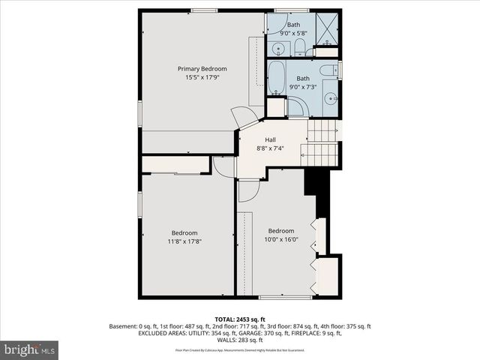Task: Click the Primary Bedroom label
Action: point(202,69)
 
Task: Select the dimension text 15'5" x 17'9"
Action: point(202,77)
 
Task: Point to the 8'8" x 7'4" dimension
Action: point(270,148)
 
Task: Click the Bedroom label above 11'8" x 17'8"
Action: point(184,232)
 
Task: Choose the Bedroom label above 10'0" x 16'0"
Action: point(281,231)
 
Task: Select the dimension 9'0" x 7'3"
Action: point(303,87)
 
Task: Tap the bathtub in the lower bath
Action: point(276,77)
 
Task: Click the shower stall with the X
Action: point(327,29)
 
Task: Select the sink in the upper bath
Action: point(278,49)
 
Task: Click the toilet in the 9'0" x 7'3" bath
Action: point(328,70)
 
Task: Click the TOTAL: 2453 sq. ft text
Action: point(240,319)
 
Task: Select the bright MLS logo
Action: point(30,349)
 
